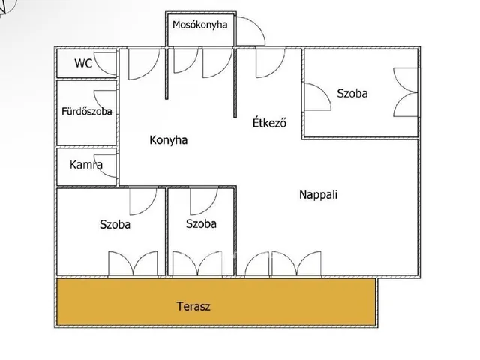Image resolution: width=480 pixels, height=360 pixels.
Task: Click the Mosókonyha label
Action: [x=199, y=25]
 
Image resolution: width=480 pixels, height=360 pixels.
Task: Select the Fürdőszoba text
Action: [x=86, y=112]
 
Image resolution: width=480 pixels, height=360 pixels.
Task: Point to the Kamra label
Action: [x=86, y=165]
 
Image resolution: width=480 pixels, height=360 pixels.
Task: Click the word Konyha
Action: [x=168, y=139]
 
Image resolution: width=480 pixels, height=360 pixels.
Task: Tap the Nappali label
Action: [x=319, y=194]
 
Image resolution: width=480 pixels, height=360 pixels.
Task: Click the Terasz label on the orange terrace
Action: [x=194, y=306]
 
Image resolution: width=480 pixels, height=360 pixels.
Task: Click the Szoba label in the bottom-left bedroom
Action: [x=115, y=223]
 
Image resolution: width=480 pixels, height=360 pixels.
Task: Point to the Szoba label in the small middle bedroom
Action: [x=201, y=223]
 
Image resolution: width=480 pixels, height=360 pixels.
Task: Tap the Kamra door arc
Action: [x=108, y=167]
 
